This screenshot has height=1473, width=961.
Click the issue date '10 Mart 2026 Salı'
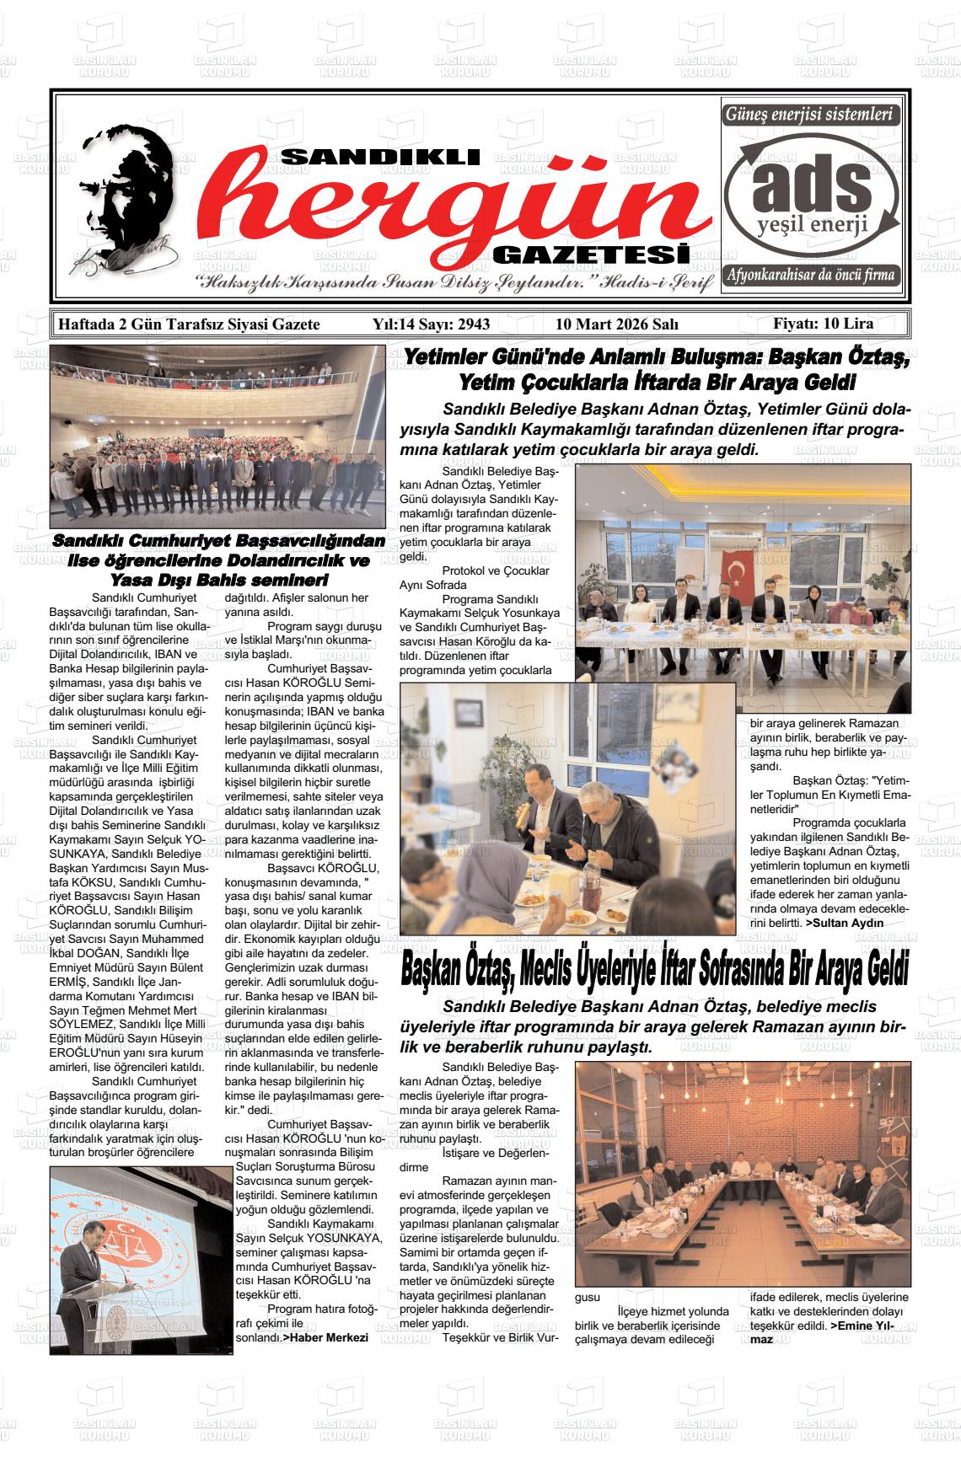(x=616, y=324)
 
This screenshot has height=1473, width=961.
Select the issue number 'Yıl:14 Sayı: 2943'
(x=431, y=324)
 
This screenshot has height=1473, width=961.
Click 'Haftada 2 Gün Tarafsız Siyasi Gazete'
(x=188, y=324)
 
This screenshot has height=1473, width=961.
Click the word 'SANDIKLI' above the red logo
(x=379, y=158)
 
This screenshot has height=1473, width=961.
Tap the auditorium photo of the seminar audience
(x=217, y=435)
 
